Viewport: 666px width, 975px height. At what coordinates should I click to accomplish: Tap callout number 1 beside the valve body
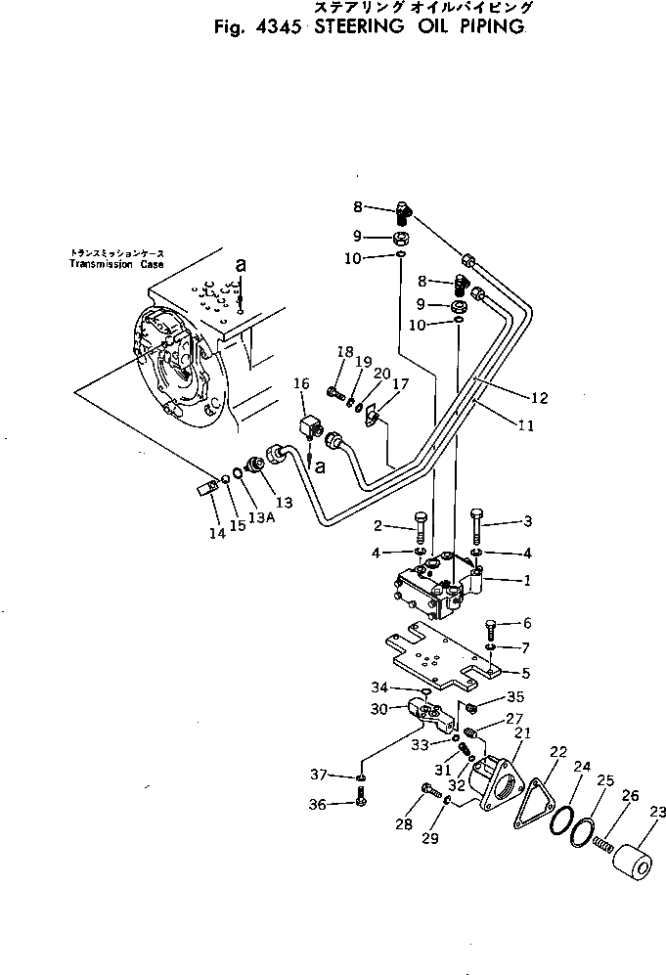[526, 580]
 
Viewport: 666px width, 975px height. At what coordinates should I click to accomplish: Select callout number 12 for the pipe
[541, 398]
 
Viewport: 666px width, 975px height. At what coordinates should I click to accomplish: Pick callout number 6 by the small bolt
[526, 623]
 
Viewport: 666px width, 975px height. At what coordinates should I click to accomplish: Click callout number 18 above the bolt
[344, 352]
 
